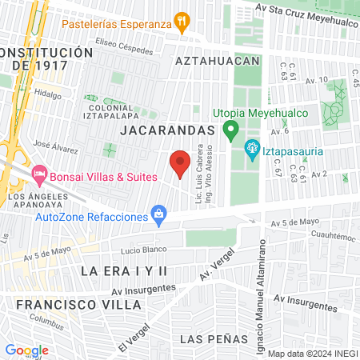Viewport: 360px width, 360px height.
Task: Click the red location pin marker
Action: pyautogui.click(x=180, y=162)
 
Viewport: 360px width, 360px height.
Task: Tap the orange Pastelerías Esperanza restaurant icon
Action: pyautogui.click(x=183, y=23)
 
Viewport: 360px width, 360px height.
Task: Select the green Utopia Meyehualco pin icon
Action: pyautogui.click(x=230, y=129)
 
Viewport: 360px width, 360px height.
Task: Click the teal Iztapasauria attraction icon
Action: pyautogui.click(x=251, y=148)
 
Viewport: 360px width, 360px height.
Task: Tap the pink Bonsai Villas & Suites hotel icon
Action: pyautogui.click(x=38, y=174)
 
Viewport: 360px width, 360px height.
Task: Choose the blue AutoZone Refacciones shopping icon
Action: pyautogui.click(x=159, y=214)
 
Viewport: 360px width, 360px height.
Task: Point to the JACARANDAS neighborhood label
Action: pyautogui.click(x=167, y=130)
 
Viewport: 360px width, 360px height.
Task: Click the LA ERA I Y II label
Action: pyautogui.click(x=125, y=271)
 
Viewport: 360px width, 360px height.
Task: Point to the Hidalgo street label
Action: pyautogui.click(x=47, y=94)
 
